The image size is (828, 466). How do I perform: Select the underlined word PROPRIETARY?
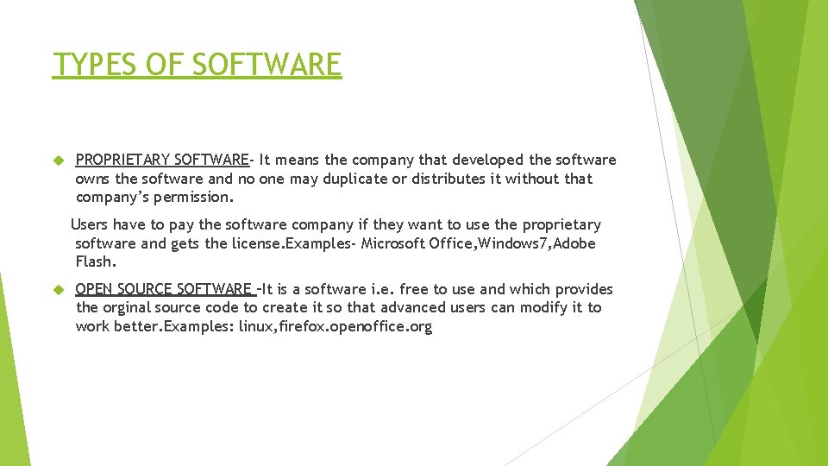pyautogui.click(x=122, y=160)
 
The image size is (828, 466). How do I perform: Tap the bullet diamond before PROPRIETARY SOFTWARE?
pyautogui.click(x=59, y=161)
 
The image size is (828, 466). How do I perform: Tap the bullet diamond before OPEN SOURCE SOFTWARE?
pyautogui.click(x=59, y=289)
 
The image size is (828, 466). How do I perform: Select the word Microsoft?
pyautogui.click(x=393, y=243)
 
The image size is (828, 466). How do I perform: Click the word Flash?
pyautogui.click(x=95, y=261)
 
